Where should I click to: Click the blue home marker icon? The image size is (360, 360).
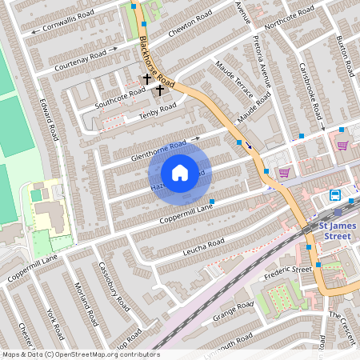click(x=180, y=173)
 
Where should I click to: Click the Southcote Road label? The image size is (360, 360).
click(x=120, y=97)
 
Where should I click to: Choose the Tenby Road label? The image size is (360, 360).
click(x=157, y=110)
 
